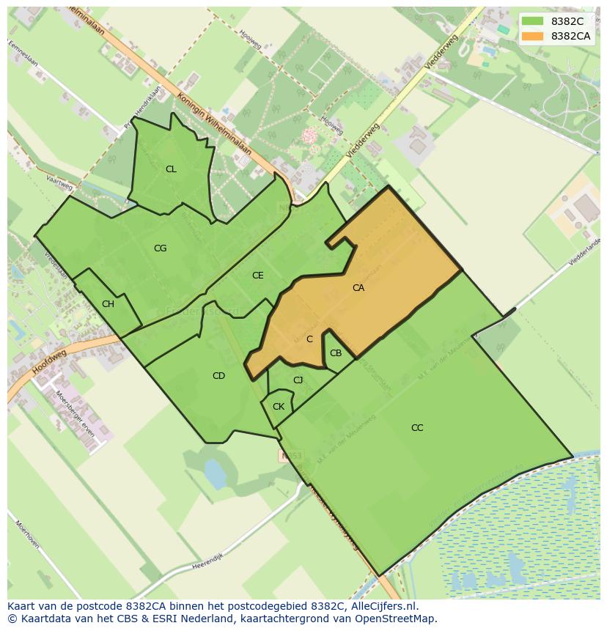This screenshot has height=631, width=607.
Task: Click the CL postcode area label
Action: [x=171, y=169]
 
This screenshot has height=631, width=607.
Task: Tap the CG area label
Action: [x=160, y=248]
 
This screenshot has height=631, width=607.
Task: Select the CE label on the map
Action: [x=257, y=276]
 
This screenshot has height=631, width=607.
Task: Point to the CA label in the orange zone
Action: [x=358, y=288]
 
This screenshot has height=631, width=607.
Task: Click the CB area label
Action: [x=335, y=353]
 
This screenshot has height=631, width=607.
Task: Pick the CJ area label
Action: [x=298, y=380]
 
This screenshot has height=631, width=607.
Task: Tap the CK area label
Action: [x=278, y=406]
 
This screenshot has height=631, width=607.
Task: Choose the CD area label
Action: [x=218, y=376]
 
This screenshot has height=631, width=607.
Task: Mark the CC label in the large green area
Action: [x=416, y=428]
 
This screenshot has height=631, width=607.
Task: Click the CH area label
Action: [x=108, y=304]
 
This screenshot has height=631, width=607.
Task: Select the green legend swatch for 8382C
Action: [x=533, y=21]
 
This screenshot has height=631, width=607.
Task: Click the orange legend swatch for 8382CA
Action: [x=533, y=36]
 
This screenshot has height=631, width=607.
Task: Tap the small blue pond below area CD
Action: [x=215, y=473]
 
